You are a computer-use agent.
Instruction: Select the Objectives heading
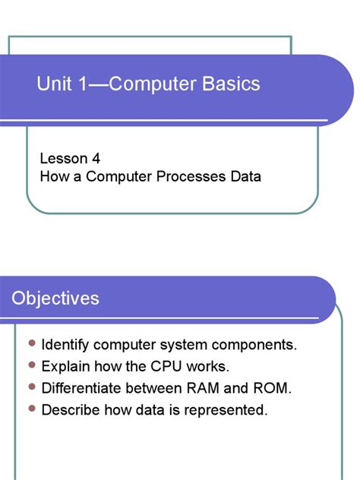tap(55, 298)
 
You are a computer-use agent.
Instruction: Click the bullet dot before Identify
tap(31, 344)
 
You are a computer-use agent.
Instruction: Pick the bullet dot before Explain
tap(31, 366)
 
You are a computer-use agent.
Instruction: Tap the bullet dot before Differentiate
tap(31, 388)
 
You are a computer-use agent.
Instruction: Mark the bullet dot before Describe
tap(31, 409)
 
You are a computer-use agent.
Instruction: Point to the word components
tap(254, 346)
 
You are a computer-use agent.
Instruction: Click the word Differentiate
tap(81, 389)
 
